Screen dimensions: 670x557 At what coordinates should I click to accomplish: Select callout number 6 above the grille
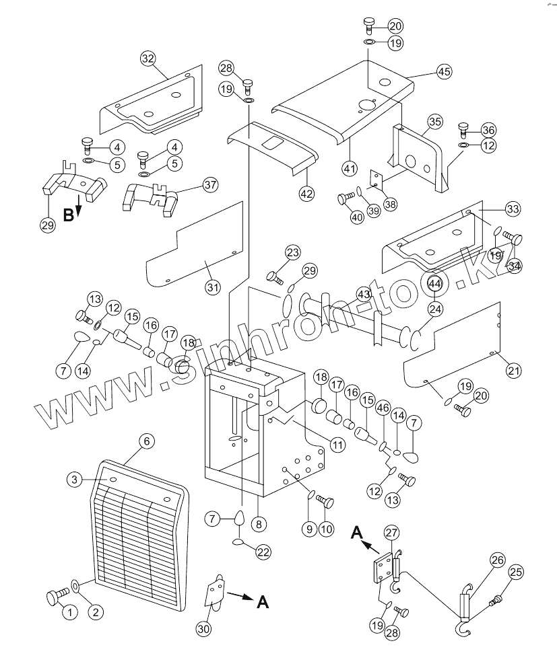pos(146,441)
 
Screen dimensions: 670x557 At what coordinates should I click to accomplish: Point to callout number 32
pos(148,58)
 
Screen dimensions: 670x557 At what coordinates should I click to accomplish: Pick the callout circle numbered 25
pos(515,572)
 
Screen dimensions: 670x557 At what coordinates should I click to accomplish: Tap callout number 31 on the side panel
pos(213,287)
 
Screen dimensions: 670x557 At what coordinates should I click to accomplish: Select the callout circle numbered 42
pos(306,193)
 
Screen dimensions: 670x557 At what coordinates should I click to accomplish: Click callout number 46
pos(383,408)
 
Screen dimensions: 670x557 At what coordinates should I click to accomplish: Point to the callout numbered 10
pos(326,529)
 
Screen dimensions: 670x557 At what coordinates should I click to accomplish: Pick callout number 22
pos(263,552)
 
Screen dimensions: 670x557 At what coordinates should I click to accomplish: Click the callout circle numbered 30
pos(204,628)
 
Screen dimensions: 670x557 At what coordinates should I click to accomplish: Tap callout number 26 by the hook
pos(497,560)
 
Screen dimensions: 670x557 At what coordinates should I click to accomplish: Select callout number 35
pos(434,122)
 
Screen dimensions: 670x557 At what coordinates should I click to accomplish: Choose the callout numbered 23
pos(292,253)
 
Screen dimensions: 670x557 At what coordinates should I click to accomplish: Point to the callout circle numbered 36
pos(488,130)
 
